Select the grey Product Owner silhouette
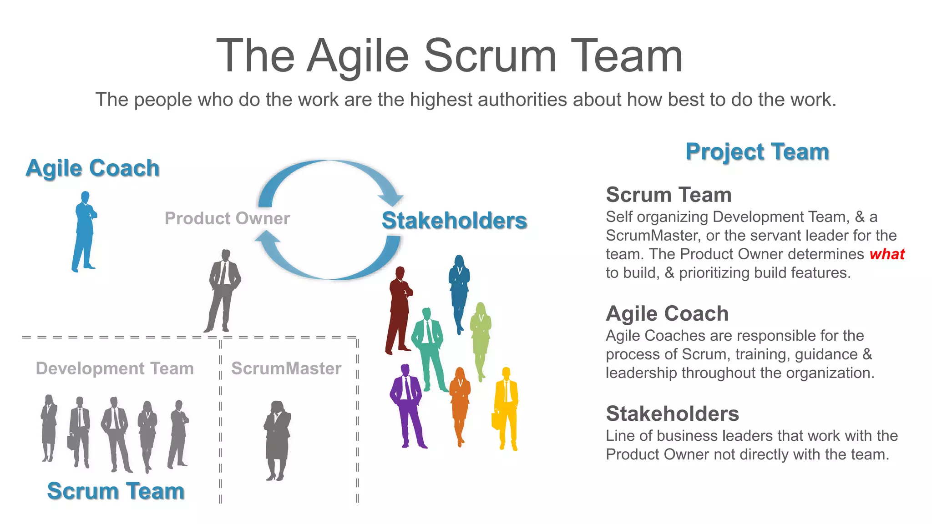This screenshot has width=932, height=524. click(x=223, y=289)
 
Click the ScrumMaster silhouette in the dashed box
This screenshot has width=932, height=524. click(x=277, y=439)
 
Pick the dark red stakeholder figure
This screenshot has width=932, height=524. click(x=399, y=309)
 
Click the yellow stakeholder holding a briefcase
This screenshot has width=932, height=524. click(x=507, y=407)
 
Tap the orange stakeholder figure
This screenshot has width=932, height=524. click(x=460, y=405)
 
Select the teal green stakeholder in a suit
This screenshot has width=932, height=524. click(x=428, y=346)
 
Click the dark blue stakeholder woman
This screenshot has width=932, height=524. click(x=459, y=291)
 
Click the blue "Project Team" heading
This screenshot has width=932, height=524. click(x=757, y=151)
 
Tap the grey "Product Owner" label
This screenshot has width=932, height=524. click(x=227, y=218)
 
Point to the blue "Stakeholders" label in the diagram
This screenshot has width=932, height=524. click(x=454, y=221)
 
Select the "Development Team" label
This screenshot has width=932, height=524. click(x=115, y=368)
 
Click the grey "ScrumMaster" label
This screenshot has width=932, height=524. click(x=286, y=368)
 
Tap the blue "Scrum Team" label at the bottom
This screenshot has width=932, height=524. click(x=116, y=491)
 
